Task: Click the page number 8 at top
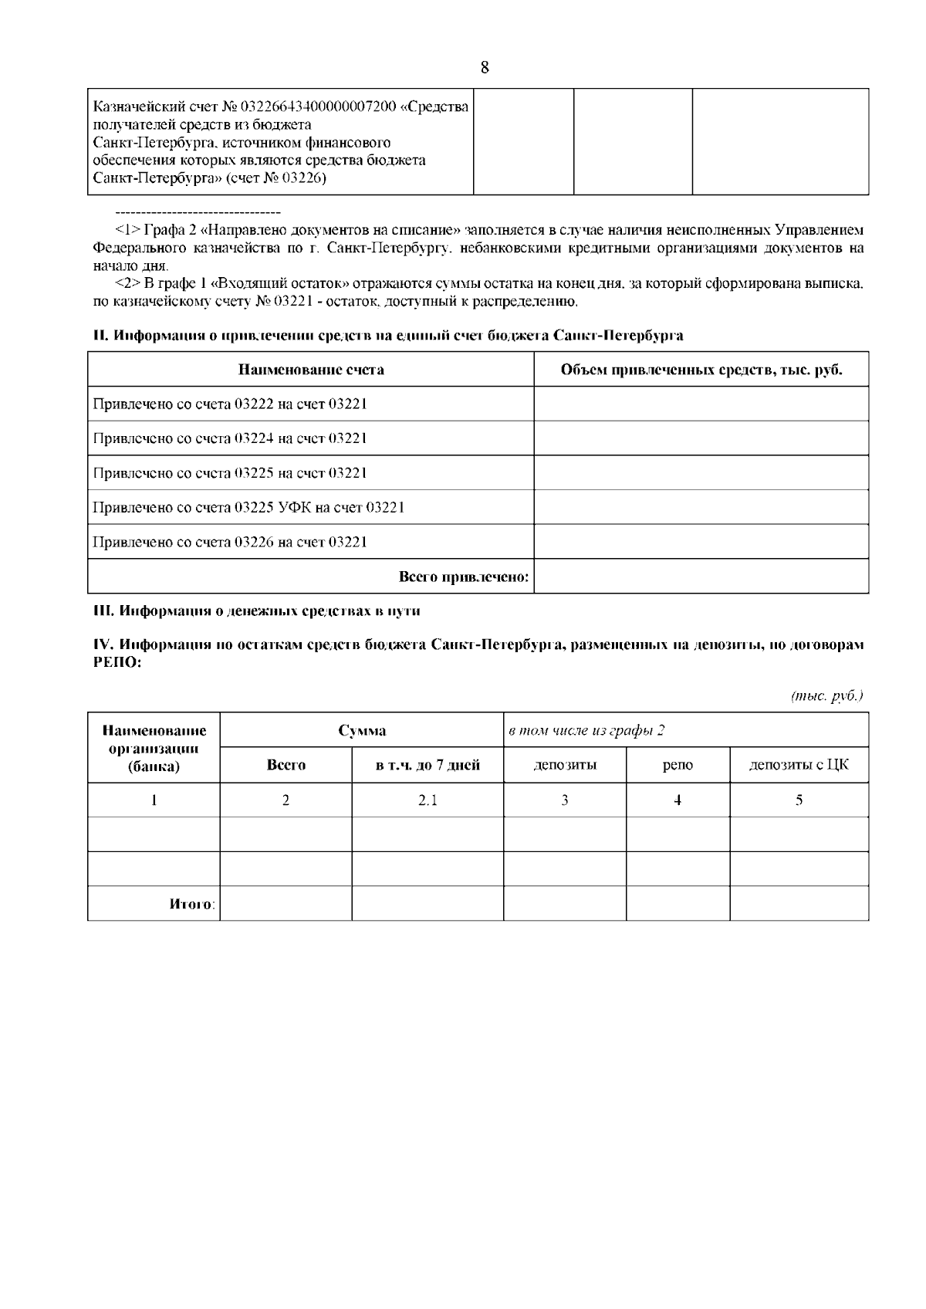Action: point(485,67)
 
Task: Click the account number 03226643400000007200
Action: point(318,107)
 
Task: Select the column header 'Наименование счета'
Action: point(310,370)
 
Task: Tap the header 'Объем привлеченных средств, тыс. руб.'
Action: point(701,370)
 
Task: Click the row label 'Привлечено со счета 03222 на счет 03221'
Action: point(230,404)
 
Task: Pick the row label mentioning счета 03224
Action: point(230,438)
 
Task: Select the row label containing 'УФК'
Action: point(248,507)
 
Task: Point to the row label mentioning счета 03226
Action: point(230,542)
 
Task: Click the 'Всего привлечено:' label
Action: point(463,577)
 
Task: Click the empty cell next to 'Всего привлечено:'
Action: point(701,577)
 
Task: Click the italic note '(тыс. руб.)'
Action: point(827,695)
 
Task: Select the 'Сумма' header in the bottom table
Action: point(362,730)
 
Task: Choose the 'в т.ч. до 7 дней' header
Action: point(428,766)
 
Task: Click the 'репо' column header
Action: point(678,766)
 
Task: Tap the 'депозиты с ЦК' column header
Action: point(799,766)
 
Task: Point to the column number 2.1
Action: point(428,800)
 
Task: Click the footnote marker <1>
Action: point(127,230)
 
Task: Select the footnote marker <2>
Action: point(127,284)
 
